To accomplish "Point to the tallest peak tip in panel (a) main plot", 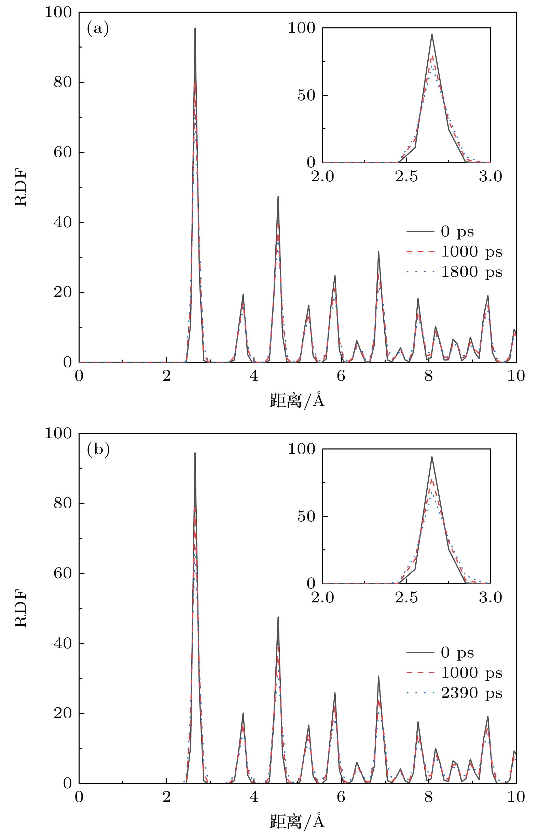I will click(195, 28).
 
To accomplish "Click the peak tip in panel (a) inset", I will click(432, 34).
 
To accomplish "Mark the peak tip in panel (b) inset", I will click(432, 457).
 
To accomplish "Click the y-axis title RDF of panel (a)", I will click(21, 187).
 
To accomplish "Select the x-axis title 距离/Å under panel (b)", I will click(297, 821).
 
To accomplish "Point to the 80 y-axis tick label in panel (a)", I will click(63, 82).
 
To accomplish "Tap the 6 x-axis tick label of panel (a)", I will click(341, 376).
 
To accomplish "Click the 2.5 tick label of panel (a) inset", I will click(406, 177).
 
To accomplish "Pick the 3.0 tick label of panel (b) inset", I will click(490, 598).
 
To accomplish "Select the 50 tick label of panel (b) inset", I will click(306, 516).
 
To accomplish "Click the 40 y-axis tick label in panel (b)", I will click(63, 643).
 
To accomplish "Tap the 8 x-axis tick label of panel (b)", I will click(428, 797).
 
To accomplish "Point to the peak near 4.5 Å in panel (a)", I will click(278, 196).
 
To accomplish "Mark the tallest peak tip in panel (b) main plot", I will click(195, 453).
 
